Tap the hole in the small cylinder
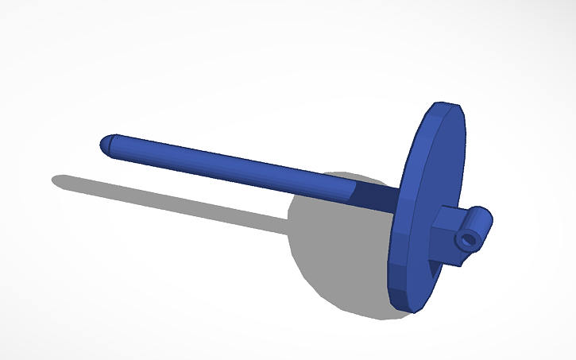tap(470, 238)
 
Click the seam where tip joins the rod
tap(114, 143)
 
